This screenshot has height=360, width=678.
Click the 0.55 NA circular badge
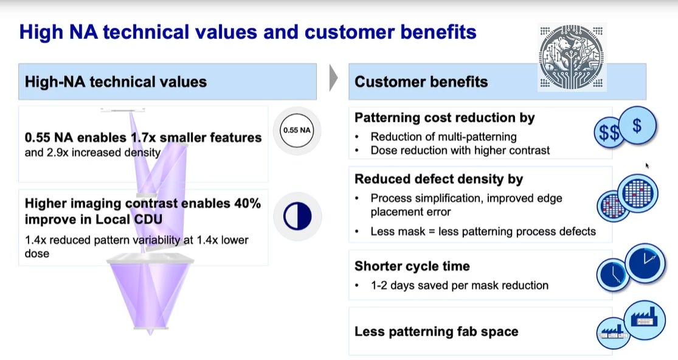click(x=297, y=130)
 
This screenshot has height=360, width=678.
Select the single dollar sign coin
click(x=637, y=126)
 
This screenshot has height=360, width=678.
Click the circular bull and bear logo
click(x=572, y=57)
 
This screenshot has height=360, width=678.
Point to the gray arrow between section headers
click(x=333, y=78)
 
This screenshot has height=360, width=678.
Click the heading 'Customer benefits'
click(x=421, y=81)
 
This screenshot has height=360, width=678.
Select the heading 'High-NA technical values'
click(x=116, y=81)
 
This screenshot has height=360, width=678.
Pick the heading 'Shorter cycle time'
click(x=412, y=266)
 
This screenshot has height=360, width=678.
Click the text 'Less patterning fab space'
click(x=436, y=331)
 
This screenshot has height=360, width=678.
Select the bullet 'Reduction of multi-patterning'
click(x=443, y=136)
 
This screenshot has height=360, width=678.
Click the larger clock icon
click(x=646, y=263)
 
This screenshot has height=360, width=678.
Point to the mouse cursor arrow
click(x=648, y=165)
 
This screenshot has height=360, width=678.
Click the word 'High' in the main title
click(x=41, y=32)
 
